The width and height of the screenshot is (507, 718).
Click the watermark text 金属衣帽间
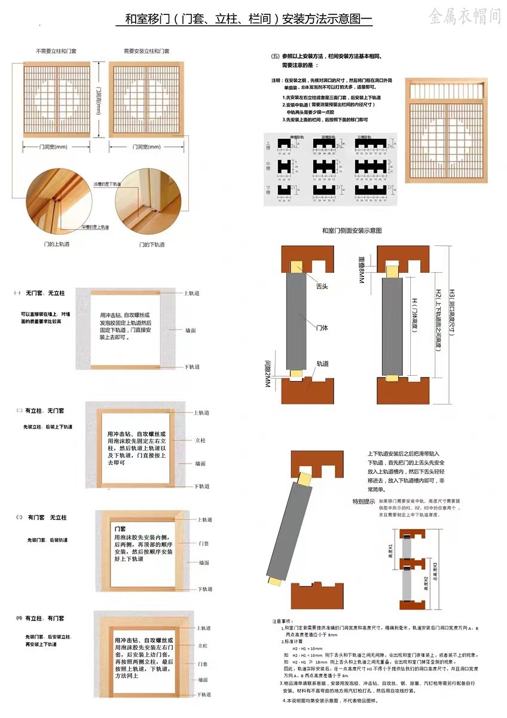pos(464,16)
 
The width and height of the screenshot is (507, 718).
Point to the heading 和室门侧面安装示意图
pos(352,230)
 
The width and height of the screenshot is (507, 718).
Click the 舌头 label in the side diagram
pos(322,287)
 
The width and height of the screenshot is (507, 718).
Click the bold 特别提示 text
pos(364,501)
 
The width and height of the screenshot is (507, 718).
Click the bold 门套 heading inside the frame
pos(120,529)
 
